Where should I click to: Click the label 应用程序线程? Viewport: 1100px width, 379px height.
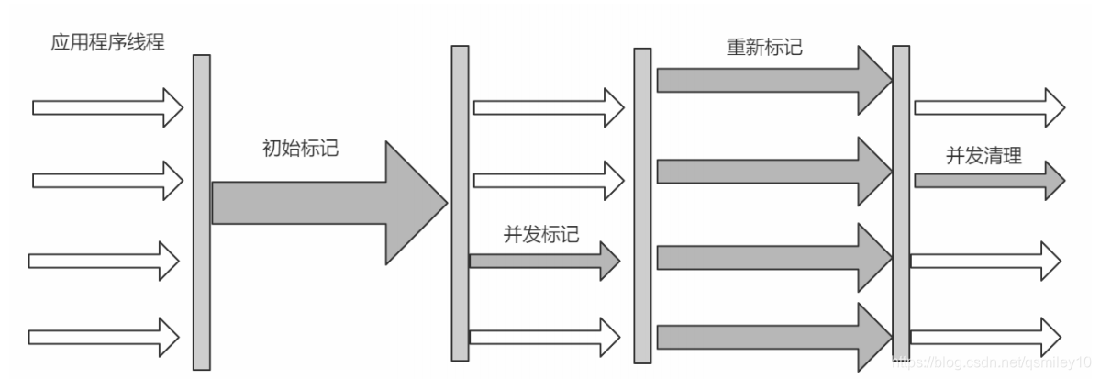tap(108, 42)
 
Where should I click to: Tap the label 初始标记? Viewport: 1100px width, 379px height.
tap(300, 147)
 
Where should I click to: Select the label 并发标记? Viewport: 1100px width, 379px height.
tap(541, 233)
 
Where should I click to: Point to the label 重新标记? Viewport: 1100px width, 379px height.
tap(764, 47)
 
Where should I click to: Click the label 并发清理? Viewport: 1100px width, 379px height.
tap(983, 156)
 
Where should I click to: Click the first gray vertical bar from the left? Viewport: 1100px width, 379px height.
tap(201, 211)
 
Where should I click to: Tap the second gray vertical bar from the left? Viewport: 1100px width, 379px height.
tap(460, 203)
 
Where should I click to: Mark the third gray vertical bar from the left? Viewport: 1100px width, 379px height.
tap(642, 205)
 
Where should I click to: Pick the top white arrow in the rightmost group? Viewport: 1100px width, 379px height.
tap(989, 107)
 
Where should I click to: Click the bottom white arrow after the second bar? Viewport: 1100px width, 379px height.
tap(545, 337)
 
